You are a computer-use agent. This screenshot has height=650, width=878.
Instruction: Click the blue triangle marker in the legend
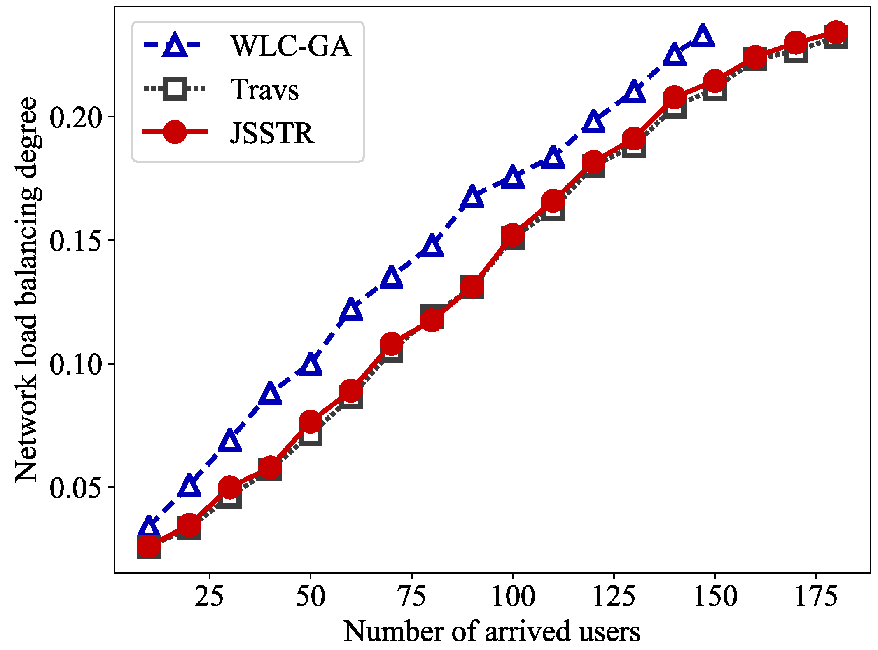click(175, 44)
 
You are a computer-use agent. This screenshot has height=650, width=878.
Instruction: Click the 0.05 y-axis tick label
click(75, 488)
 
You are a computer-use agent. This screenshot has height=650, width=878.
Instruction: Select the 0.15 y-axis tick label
click(75, 241)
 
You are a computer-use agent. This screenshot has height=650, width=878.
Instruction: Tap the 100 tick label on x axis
click(513, 596)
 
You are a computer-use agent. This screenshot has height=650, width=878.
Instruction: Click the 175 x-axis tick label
click(816, 596)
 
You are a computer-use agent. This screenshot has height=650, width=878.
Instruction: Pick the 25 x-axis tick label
click(209, 596)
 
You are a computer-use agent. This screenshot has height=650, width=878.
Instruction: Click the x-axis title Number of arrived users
click(492, 631)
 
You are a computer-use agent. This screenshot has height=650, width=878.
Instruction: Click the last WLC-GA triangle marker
click(703, 36)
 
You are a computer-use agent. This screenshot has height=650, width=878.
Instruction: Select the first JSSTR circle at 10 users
click(149, 546)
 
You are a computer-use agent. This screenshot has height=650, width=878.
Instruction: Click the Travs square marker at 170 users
click(796, 52)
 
